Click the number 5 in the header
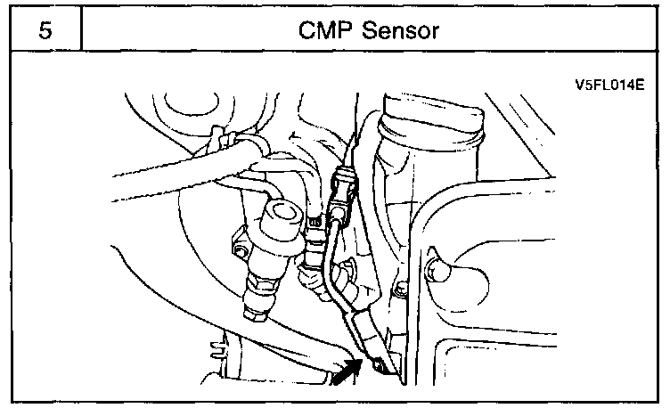(45, 31)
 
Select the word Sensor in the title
(401, 31)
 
